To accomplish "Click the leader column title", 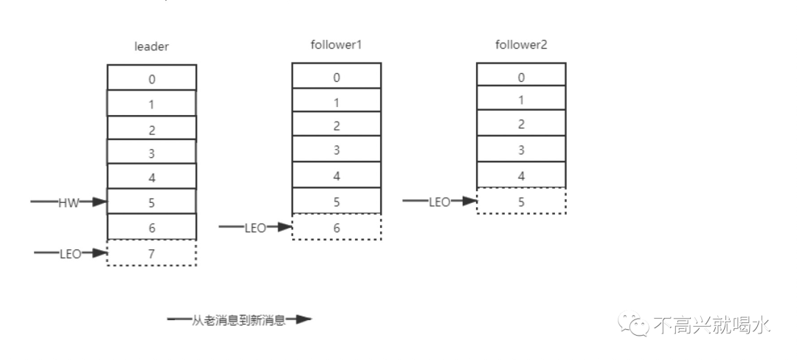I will click(x=151, y=46).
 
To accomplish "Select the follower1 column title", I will click(x=336, y=45).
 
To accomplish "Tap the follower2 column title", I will click(x=520, y=45).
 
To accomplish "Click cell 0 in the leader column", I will click(x=151, y=77).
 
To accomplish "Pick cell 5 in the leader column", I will click(x=151, y=201).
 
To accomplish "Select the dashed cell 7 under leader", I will click(x=151, y=253).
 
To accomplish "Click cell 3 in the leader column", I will click(x=151, y=153).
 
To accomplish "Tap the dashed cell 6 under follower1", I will click(x=337, y=227).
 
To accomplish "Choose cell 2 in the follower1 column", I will click(x=337, y=125).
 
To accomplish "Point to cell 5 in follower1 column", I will click(x=337, y=201).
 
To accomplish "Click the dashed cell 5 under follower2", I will click(x=521, y=201).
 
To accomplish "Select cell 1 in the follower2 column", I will click(x=521, y=100).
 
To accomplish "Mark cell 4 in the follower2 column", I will click(x=521, y=176).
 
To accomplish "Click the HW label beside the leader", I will click(x=68, y=202).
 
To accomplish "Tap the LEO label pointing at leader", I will click(x=70, y=254).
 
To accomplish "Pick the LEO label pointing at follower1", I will click(x=255, y=228).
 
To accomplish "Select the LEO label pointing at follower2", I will click(x=440, y=201).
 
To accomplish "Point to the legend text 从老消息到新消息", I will click(x=238, y=320).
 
